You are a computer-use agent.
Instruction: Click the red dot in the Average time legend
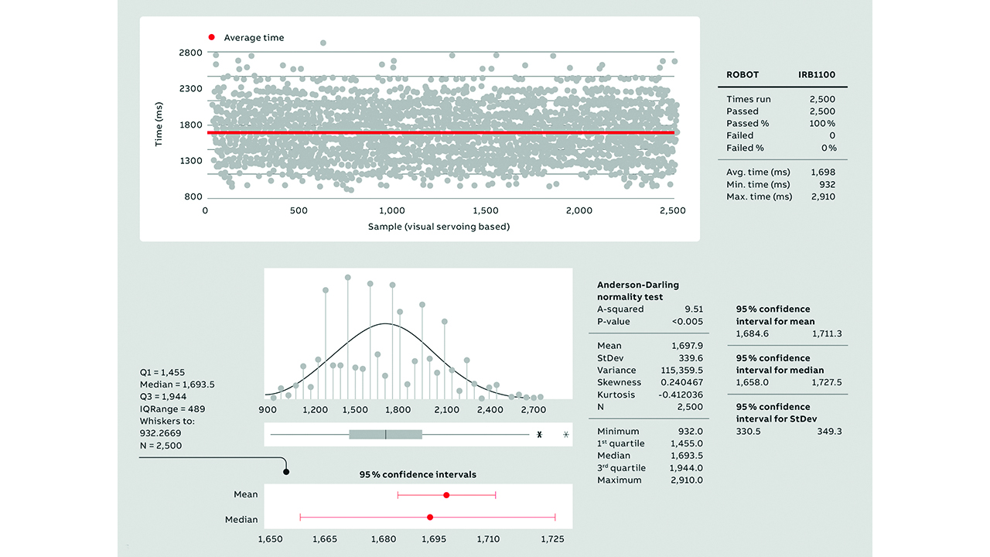(210, 38)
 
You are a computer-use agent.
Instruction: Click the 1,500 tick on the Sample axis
(485, 210)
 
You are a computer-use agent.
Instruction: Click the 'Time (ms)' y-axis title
(159, 125)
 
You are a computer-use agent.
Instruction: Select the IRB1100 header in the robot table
(817, 75)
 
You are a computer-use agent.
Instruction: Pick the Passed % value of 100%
(821, 124)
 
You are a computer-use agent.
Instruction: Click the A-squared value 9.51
(692, 309)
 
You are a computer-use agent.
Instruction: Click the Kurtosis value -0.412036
(679, 395)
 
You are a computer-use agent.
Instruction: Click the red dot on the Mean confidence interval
(446, 494)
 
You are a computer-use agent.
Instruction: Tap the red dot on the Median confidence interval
(430, 517)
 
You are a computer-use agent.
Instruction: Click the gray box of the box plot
(385, 435)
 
